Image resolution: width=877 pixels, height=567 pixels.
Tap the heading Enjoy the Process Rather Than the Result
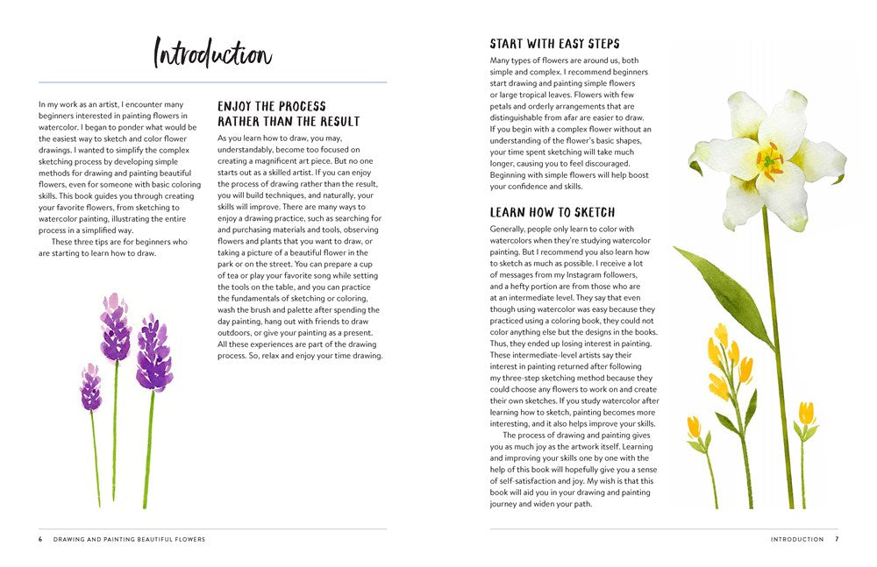(x=289, y=114)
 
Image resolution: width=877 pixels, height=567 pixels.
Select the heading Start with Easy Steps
(x=554, y=44)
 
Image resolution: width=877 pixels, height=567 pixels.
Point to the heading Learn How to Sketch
(x=552, y=212)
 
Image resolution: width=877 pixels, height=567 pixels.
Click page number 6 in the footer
(x=40, y=539)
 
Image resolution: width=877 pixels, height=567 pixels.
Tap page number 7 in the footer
(x=837, y=539)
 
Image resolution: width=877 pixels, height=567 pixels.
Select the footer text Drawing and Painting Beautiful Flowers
(x=129, y=539)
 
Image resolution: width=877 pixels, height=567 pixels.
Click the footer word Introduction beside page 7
(x=796, y=539)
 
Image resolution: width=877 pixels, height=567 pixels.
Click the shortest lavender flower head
(x=90, y=387)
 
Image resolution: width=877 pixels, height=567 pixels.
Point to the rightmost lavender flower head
(x=154, y=352)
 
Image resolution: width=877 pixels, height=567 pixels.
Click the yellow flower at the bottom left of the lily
(x=694, y=427)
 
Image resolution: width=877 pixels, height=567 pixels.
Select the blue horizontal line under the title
(x=212, y=82)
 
